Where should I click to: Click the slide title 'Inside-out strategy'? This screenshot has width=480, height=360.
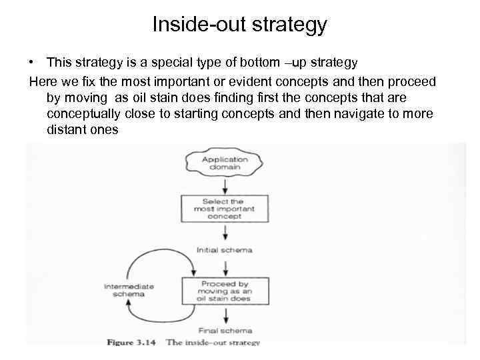pyautogui.click(x=239, y=25)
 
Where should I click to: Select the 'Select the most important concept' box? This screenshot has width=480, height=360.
pyautogui.click(x=225, y=209)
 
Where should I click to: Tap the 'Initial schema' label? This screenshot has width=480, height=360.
pyautogui.click(x=225, y=250)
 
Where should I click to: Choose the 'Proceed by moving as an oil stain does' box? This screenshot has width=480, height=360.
pyautogui.click(x=225, y=291)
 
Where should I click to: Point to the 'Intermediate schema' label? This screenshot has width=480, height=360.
pyautogui.click(x=129, y=290)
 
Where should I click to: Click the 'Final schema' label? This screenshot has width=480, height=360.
pyautogui.click(x=225, y=330)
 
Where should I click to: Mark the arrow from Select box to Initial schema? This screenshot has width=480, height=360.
pyautogui.click(x=225, y=233)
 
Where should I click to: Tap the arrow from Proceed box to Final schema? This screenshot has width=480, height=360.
pyautogui.click(x=225, y=315)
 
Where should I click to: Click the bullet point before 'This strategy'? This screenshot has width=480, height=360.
pyautogui.click(x=32, y=63)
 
